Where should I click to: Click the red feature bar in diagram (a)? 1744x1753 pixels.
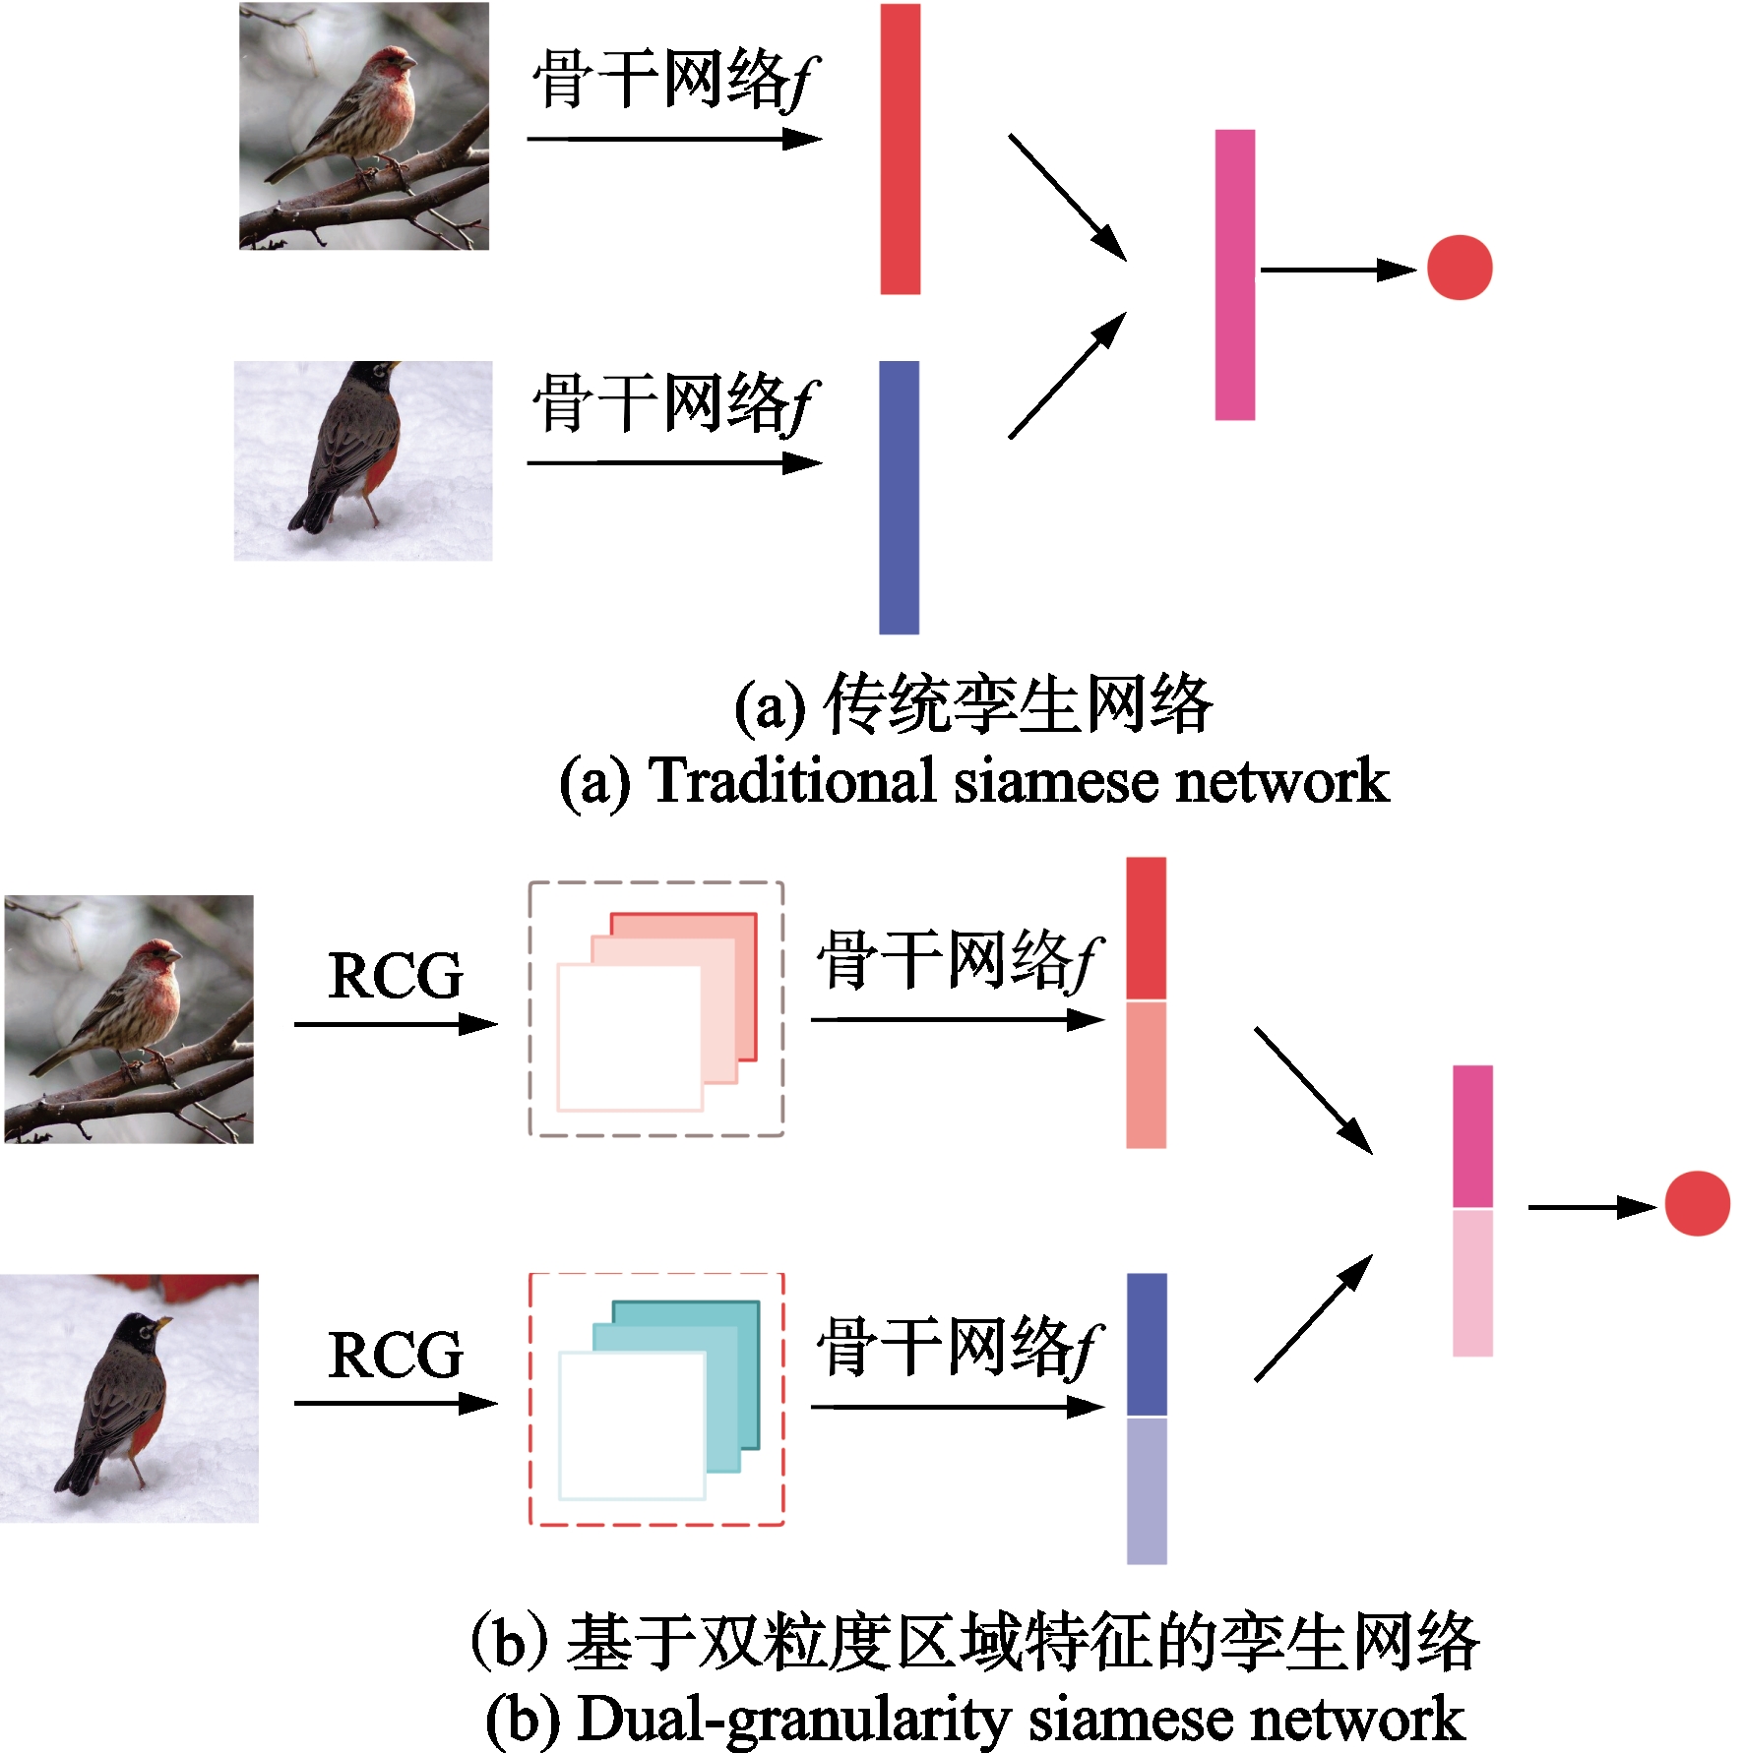click(900, 149)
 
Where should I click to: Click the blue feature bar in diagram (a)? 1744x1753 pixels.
click(899, 498)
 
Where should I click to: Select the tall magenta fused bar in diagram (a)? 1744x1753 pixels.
click(1235, 274)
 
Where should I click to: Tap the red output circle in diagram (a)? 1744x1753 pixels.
click(1460, 268)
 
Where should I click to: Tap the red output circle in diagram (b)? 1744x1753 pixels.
click(1698, 1203)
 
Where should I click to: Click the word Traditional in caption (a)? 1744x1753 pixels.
click(792, 781)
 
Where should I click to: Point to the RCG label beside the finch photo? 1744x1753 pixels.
click(395, 975)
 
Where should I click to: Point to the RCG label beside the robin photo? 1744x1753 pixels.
click(395, 1355)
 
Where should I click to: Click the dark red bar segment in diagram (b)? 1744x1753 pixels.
click(1147, 928)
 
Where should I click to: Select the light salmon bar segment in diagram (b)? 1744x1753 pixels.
click(1147, 1075)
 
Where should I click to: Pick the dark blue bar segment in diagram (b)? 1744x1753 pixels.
click(1147, 1344)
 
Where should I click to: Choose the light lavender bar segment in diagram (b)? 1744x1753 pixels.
click(1147, 1491)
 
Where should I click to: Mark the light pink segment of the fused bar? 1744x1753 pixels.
click(1472, 1283)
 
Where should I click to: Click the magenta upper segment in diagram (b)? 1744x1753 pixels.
click(1472, 1136)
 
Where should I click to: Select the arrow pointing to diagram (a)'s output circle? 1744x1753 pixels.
click(1339, 270)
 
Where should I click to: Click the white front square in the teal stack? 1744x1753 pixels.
click(632, 1425)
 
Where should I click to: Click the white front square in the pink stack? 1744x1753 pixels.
click(630, 1037)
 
